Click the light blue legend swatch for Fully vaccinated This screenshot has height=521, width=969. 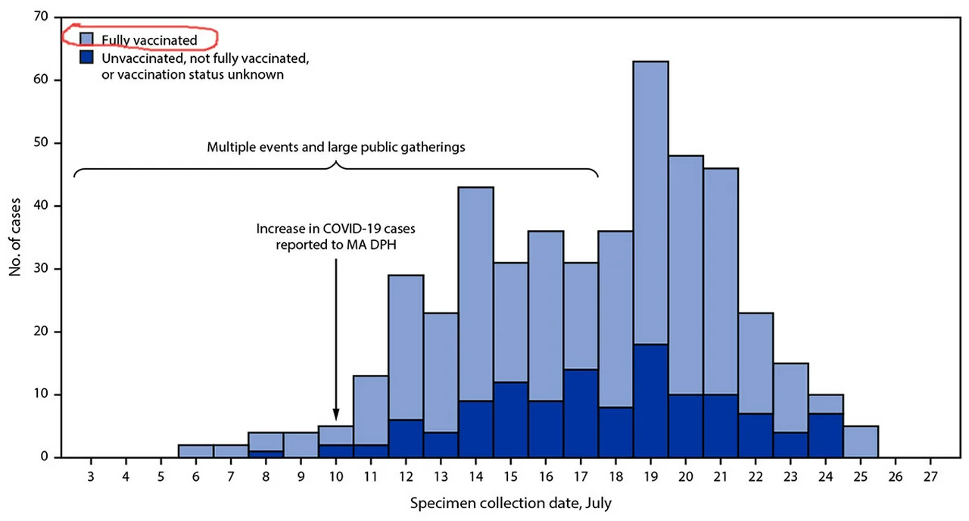click(x=87, y=39)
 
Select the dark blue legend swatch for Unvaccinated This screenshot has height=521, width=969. click(x=87, y=56)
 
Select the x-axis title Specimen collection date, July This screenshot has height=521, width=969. click(x=510, y=502)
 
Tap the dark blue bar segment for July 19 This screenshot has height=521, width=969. click(x=650, y=401)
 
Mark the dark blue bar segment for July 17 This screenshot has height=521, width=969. click(x=581, y=413)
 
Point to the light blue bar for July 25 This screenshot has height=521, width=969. click(x=861, y=441)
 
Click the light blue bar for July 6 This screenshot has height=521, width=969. click(x=195, y=451)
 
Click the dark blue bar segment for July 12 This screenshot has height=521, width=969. click(x=406, y=438)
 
